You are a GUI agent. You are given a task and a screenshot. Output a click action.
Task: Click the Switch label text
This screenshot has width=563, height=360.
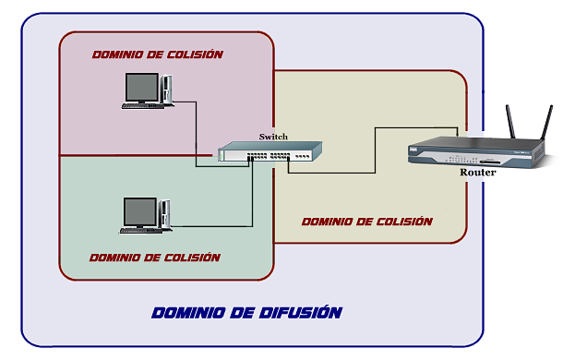[x=273, y=137]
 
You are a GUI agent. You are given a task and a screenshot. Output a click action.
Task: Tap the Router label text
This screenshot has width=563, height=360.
[x=478, y=173]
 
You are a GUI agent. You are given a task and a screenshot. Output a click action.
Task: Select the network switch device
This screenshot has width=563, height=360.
[x=272, y=152]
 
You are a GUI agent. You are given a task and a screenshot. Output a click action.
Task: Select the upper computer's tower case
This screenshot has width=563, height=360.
[x=167, y=89]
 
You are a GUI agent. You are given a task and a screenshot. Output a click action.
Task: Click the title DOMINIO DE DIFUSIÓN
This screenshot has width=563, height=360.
[x=246, y=312]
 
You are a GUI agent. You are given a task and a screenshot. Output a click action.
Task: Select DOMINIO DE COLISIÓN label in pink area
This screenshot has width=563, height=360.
[x=157, y=54]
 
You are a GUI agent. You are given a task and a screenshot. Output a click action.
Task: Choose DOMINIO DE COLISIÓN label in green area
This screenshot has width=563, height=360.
[x=155, y=257]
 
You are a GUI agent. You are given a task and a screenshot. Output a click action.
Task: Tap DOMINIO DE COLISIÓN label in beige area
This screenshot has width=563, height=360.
[x=366, y=222]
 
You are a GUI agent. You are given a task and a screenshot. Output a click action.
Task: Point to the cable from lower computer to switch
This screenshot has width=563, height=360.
[x=252, y=198]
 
